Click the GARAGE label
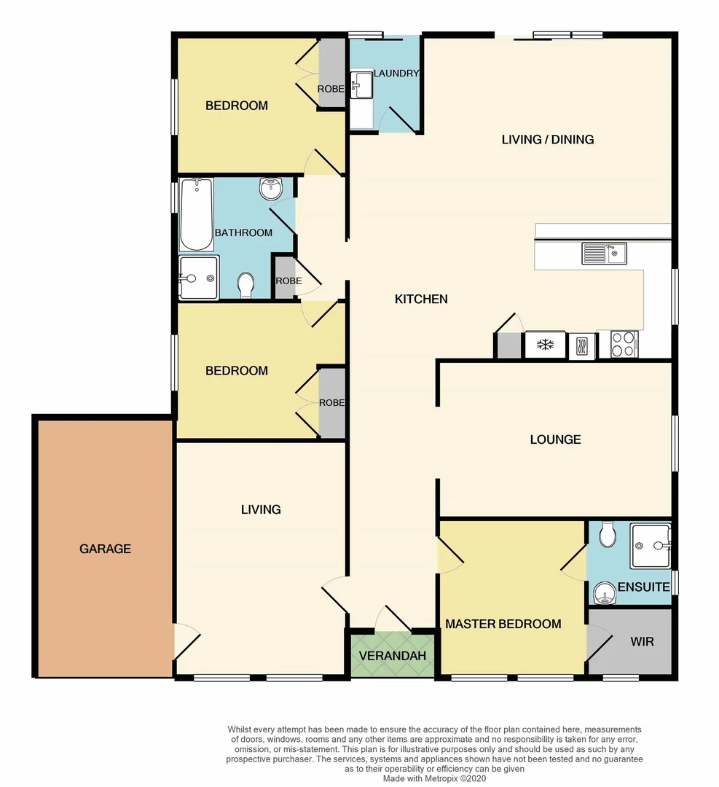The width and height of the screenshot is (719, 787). pyautogui.click(x=105, y=549)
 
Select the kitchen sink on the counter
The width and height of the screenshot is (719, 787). pyautogui.click(x=604, y=254)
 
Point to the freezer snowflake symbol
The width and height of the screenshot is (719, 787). pyautogui.click(x=545, y=345)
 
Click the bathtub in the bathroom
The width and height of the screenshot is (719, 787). pyautogui.click(x=196, y=214)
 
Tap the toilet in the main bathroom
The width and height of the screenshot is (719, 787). pyautogui.click(x=246, y=284)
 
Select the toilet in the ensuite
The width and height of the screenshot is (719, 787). pyautogui.click(x=607, y=537)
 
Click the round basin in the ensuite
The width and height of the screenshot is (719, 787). pyautogui.click(x=604, y=594)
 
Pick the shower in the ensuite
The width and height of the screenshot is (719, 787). pyautogui.click(x=651, y=544)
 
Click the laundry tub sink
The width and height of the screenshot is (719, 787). pyautogui.click(x=361, y=85)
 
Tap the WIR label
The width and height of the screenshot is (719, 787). pyautogui.click(x=642, y=642)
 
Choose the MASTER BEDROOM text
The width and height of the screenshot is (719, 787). pyautogui.click(x=503, y=624)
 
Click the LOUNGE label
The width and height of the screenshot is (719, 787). pyautogui.click(x=555, y=439)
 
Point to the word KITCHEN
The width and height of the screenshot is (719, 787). pyautogui.click(x=421, y=299)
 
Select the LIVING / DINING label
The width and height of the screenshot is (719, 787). pyautogui.click(x=548, y=139)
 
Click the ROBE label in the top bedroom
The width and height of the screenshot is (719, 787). pyautogui.click(x=331, y=89)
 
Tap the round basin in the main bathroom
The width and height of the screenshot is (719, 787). pyautogui.click(x=270, y=189)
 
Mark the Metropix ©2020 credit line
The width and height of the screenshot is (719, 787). pyautogui.click(x=435, y=778)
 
